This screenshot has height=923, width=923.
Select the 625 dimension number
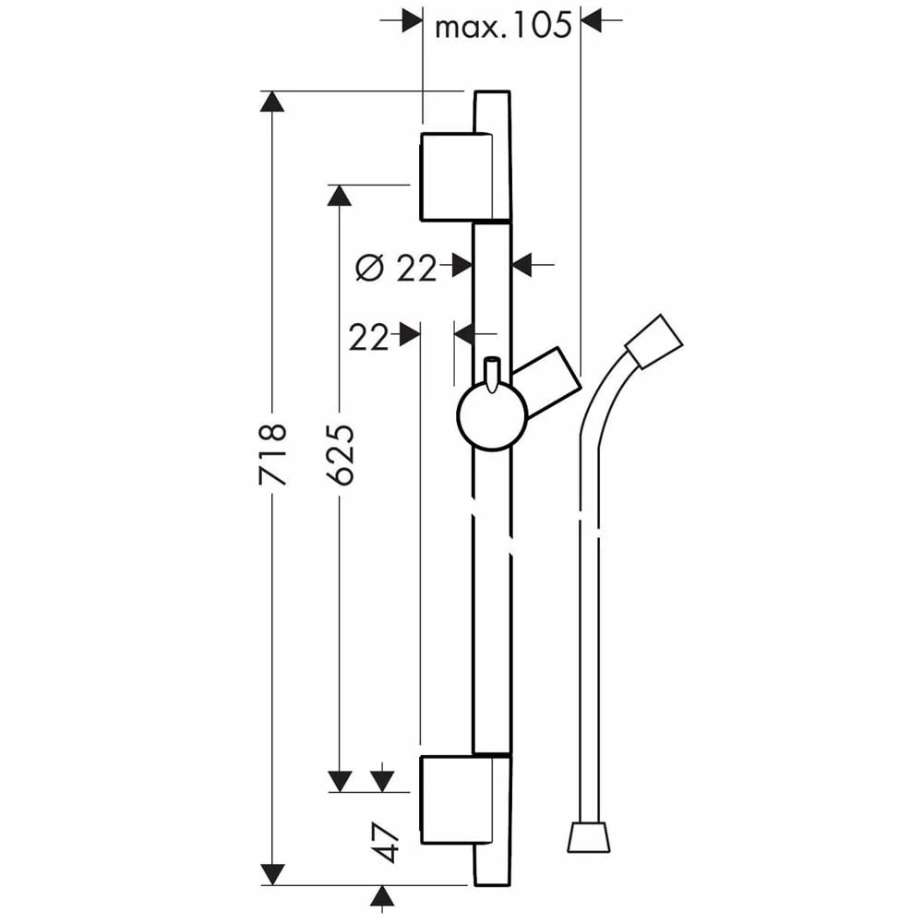(x=341, y=454)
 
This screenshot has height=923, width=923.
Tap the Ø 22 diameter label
(x=397, y=269)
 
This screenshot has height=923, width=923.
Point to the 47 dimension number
(x=386, y=842)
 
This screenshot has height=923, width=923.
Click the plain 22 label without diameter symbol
(x=368, y=337)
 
